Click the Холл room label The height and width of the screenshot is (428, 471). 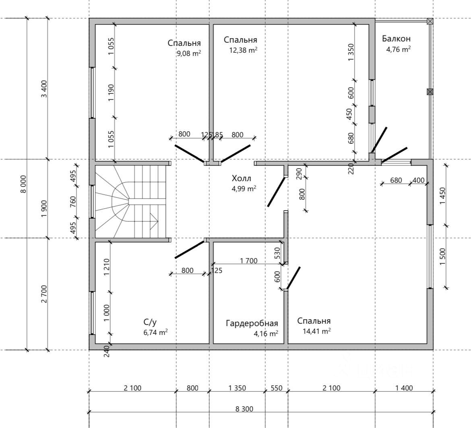(241, 178)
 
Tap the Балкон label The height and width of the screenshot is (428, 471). (396, 38)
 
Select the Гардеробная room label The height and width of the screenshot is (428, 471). (252, 323)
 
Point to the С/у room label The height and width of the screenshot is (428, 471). (150, 322)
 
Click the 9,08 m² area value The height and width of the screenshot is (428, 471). (189, 54)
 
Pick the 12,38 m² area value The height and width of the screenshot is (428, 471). (243, 50)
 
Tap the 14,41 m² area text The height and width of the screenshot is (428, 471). (317, 331)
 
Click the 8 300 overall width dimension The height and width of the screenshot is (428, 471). (244, 409)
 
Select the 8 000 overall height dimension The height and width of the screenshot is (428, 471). (24, 184)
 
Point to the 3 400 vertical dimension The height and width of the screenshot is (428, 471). (44, 89)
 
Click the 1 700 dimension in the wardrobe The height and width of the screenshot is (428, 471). (248, 261)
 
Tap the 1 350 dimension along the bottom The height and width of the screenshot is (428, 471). (237, 388)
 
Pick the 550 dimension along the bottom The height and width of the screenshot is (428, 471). (276, 388)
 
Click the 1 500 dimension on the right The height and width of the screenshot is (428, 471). (443, 256)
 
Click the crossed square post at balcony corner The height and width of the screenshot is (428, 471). (430, 21)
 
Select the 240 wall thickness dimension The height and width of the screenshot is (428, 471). (106, 351)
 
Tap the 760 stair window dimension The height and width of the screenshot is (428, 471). (73, 202)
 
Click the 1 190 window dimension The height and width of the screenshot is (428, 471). (111, 93)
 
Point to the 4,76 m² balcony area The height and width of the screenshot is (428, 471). (398, 49)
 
